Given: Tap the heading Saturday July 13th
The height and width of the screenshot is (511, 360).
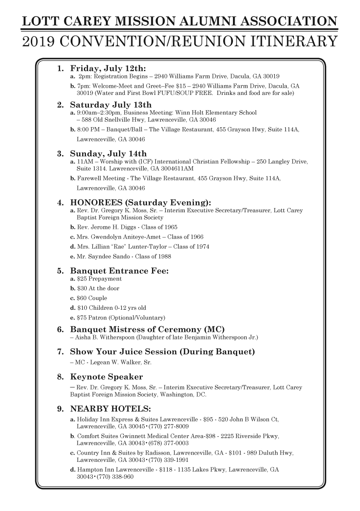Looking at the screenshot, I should [x=111, y=105].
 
